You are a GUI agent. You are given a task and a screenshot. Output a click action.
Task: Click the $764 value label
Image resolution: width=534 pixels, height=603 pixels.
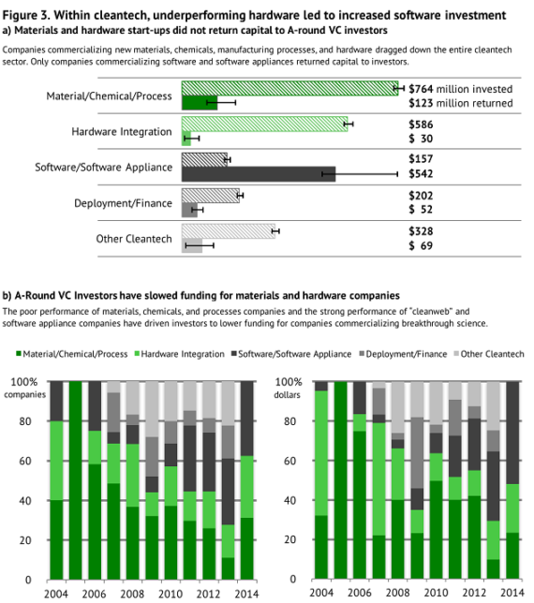pos(421,89)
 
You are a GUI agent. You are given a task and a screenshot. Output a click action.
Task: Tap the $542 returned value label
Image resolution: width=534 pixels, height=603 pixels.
pos(421,174)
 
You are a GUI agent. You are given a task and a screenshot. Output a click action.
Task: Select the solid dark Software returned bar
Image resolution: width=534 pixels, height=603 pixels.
pos(259,174)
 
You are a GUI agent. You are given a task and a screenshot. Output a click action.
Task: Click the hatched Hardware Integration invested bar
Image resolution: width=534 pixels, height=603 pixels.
pos(265,124)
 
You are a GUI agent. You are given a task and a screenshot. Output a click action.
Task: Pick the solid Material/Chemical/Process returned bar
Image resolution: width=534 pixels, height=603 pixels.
pos(200,103)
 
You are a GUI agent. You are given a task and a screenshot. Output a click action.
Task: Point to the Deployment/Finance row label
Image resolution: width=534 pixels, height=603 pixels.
pos(123,203)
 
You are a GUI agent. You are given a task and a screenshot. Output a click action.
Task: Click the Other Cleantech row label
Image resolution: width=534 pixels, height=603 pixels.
pos(134,239)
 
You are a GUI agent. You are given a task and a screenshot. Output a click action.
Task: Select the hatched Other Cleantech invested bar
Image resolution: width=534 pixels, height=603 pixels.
pos(229,231)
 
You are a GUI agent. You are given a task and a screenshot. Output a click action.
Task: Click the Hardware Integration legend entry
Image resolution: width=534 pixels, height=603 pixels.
pos(179,354)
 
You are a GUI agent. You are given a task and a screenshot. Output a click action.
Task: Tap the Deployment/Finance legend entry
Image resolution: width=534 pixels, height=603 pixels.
pos(403,354)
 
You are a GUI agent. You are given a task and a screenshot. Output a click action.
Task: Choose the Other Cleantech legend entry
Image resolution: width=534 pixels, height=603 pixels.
pos(489,354)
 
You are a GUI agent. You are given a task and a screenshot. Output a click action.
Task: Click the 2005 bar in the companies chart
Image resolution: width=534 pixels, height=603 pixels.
pos(75,480)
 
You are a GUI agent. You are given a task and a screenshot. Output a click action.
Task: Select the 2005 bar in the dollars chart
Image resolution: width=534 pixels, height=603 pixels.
pos(340,480)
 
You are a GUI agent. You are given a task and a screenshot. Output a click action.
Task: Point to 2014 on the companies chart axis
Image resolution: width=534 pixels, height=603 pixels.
pos(246,594)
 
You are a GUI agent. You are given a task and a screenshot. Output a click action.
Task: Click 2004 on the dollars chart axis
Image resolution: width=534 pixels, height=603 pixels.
pos(321,593)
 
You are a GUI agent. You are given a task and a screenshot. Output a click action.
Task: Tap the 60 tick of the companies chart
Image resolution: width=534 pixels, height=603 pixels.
pos(25,461)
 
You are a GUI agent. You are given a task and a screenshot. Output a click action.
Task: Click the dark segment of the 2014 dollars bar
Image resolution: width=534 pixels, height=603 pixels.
pos(512,433)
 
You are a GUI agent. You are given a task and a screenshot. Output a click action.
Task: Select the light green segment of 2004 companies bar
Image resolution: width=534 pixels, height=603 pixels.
pos(56,461)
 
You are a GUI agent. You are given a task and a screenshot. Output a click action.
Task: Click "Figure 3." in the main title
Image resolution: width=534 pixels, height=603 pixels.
pos(26,15)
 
